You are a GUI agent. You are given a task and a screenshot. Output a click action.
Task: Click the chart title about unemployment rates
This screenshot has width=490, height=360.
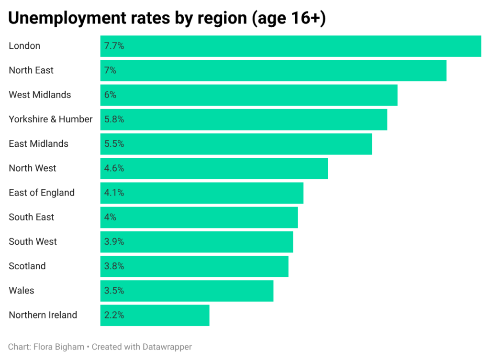coord(167,19)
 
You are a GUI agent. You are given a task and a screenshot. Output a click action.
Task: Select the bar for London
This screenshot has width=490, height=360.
coord(290,46)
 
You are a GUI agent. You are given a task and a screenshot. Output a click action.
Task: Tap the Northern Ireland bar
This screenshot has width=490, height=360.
coord(155,315)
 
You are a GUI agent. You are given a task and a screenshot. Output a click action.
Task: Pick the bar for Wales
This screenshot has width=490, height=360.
coord(187,291)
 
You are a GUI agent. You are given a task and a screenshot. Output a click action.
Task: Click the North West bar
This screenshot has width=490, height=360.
coord(214,168)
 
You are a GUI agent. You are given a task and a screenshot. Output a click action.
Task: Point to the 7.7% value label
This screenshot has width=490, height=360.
coord(114,46)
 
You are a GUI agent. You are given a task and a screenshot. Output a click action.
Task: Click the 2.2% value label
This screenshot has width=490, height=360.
coord(114,315)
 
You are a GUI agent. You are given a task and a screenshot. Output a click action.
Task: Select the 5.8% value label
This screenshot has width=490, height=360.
coord(114,120)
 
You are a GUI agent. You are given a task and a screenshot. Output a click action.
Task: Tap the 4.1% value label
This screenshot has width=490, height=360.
coord(114,193)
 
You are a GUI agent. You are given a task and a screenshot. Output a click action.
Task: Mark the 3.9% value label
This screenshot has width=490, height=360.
coord(114,241)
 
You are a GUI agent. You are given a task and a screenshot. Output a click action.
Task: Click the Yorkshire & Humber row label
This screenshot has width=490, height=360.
coord(51,120)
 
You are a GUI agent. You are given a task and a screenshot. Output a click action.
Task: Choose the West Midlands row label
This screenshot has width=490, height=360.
coord(40,95)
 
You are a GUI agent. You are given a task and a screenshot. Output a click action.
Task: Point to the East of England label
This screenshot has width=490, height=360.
coord(42,193)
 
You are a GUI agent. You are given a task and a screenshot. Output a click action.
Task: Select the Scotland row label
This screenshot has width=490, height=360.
coord(27,266)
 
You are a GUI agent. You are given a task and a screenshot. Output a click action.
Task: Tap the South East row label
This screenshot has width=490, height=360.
coord(32,217)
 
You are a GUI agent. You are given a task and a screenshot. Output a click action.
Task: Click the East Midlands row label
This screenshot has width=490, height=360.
coord(39,144)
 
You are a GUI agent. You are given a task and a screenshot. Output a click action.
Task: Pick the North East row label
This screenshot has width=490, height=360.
coord(31,70)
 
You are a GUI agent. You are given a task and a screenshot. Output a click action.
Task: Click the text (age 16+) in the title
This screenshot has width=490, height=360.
coord(289,19)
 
